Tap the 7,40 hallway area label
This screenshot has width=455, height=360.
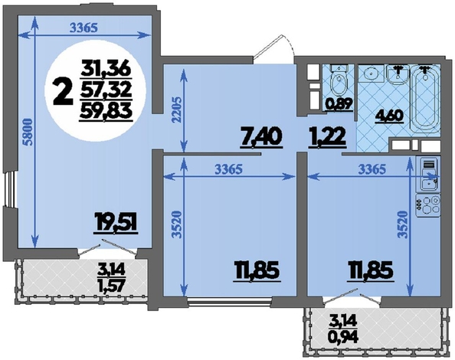[261, 138]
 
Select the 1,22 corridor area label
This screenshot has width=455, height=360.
[327, 137]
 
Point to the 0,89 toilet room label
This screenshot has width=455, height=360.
[339, 104]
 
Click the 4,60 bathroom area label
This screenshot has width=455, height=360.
[389, 116]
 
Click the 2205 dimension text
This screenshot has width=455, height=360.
[177, 110]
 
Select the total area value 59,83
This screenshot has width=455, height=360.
[106, 111]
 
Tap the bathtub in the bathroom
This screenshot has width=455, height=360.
[425, 100]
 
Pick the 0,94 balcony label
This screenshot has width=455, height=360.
[345, 337]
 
